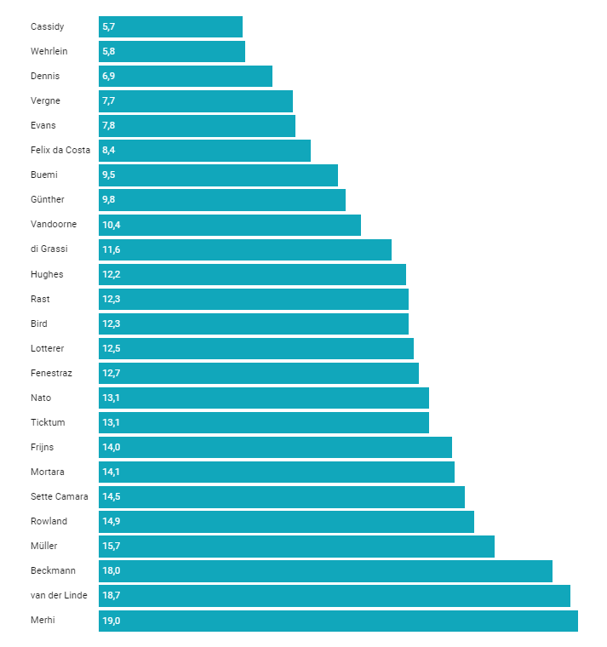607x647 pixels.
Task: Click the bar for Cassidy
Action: tap(170, 27)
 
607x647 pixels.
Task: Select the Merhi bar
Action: tap(338, 621)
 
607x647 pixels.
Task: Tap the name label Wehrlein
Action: tap(49, 51)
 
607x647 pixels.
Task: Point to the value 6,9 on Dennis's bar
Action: tap(108, 77)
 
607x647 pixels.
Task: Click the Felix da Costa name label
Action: tap(60, 150)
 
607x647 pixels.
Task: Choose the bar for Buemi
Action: tap(218, 175)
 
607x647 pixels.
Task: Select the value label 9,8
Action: tap(108, 200)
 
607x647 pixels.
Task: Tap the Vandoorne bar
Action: tap(230, 225)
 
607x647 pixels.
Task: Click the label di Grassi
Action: tap(49, 249)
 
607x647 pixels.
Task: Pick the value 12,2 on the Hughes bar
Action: tap(112, 274)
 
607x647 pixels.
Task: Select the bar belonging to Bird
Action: tap(254, 323)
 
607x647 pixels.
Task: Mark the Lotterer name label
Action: tap(47, 348)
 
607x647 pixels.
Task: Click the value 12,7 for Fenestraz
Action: tap(112, 374)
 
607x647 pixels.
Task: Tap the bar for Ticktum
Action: tap(264, 422)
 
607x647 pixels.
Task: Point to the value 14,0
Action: tap(112, 447)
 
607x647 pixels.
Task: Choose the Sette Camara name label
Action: tap(60, 496)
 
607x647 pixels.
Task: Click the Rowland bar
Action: tap(286, 522)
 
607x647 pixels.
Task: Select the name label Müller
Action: tap(43, 546)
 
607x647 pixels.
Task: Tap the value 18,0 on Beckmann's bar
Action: tap(112, 570)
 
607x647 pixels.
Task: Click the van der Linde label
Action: tap(59, 595)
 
